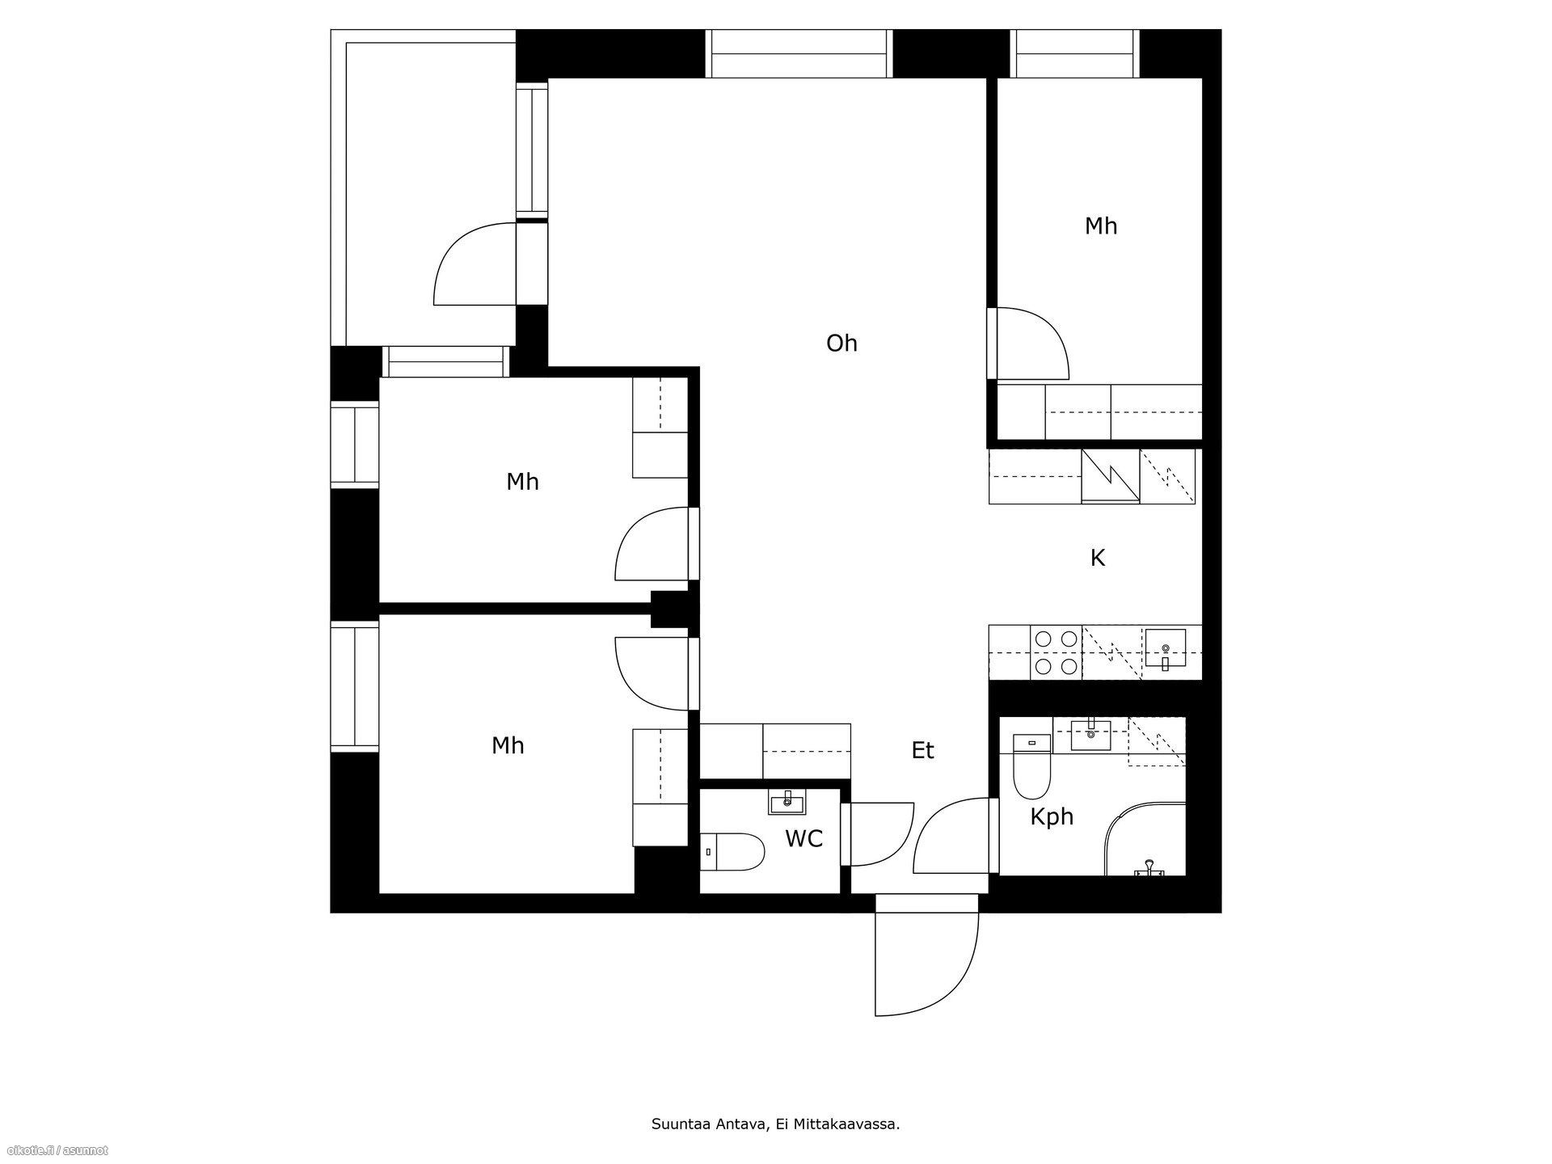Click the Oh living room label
click(x=841, y=344)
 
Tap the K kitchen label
click(x=1097, y=558)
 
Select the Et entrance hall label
click(x=922, y=751)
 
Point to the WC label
click(x=803, y=839)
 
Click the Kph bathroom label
click(x=1052, y=817)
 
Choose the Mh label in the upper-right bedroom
click(x=1101, y=226)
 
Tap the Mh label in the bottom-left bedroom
click(x=508, y=745)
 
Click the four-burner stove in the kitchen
click(x=1056, y=652)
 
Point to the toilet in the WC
click(x=732, y=852)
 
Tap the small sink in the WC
click(x=787, y=803)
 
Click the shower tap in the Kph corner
click(x=1149, y=868)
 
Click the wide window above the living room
click(x=799, y=54)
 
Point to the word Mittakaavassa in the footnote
click(x=847, y=1124)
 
